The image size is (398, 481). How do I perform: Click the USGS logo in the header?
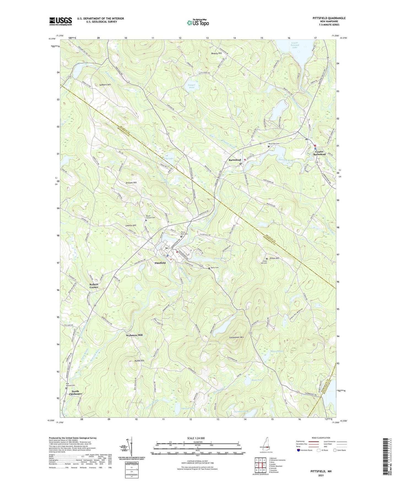[61, 21]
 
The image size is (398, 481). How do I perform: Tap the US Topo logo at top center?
[197, 23]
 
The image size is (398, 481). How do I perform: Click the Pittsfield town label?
[160, 263]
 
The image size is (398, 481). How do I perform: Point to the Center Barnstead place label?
[320, 153]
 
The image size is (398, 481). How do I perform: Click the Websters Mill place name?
[134, 335]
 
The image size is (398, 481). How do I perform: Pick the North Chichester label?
[75, 393]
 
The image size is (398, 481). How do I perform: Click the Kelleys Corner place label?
[94, 286]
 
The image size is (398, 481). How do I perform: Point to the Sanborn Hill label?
[105, 85]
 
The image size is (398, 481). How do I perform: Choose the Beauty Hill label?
[216, 53]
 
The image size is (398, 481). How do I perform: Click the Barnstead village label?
[235, 160]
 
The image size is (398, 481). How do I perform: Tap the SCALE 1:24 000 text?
[196, 438]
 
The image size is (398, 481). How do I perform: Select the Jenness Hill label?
[131, 183]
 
